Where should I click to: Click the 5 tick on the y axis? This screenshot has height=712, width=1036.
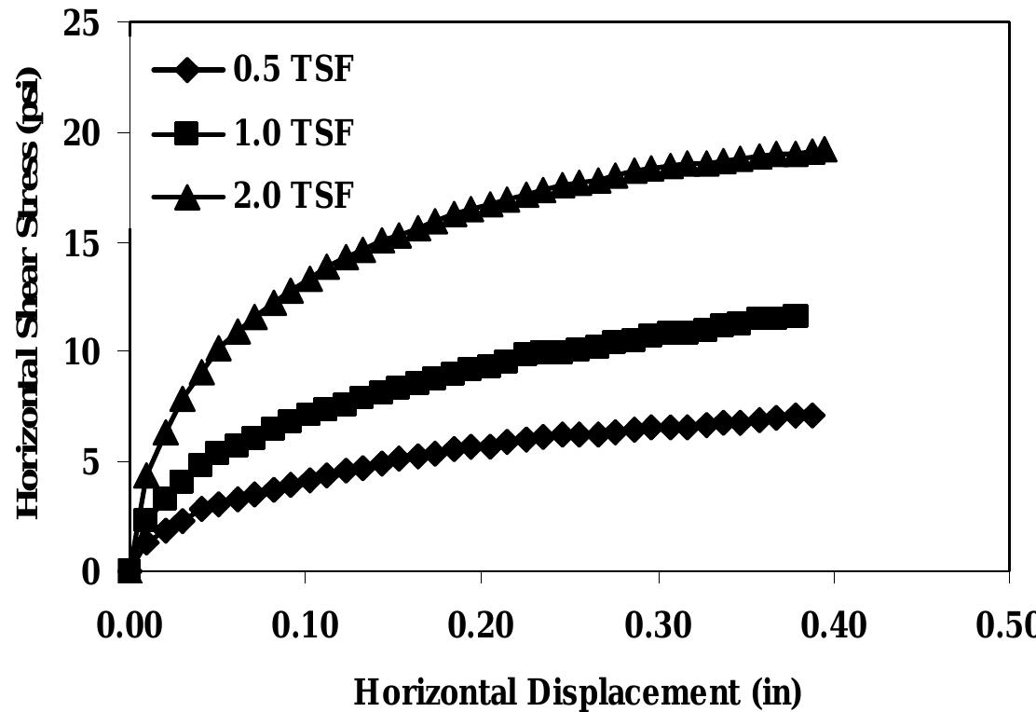click(x=91, y=461)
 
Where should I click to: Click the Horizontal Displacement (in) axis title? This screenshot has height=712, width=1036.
click(x=578, y=692)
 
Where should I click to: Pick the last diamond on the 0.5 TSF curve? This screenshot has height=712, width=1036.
click(x=812, y=416)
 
